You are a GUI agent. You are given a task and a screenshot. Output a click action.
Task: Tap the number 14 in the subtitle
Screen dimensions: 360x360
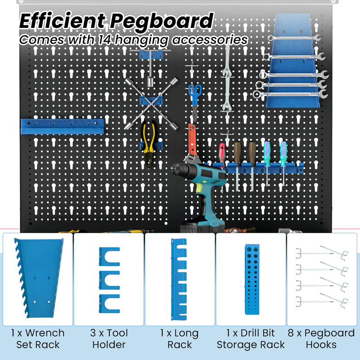click(x=103, y=39)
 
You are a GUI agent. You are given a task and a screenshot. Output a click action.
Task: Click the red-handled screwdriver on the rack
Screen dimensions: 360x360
click(x=221, y=155)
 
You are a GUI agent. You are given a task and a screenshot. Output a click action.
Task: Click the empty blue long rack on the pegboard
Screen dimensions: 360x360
click(x=62, y=126)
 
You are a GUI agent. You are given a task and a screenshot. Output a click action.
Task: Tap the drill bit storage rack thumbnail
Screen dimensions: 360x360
click(x=252, y=279)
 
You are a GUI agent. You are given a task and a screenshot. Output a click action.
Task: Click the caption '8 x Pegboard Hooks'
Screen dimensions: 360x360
click(x=323, y=339)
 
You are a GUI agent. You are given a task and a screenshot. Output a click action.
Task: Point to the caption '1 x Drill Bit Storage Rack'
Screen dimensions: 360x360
click(x=251, y=339)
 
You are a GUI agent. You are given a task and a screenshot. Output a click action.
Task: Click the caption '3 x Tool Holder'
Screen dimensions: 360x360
click(x=109, y=339)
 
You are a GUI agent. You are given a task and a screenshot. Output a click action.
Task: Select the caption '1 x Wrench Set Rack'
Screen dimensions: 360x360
click(x=38, y=339)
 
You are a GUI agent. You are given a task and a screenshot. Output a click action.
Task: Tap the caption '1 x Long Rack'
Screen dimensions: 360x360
click(x=180, y=339)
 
